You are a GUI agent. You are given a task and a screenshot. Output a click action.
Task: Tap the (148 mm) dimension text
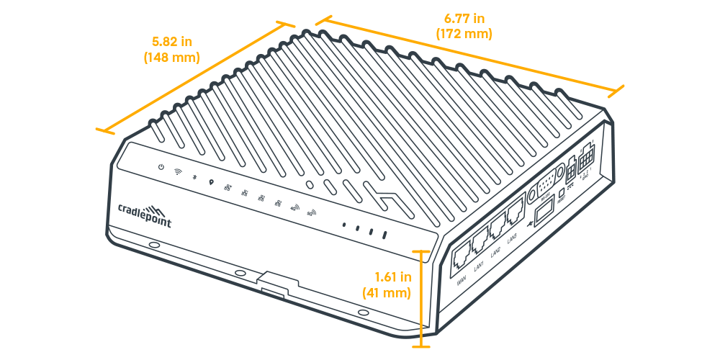click(x=172, y=57)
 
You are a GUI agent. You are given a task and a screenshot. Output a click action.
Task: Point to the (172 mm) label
click(x=464, y=33)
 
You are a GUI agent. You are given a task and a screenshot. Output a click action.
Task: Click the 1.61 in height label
click(x=392, y=276)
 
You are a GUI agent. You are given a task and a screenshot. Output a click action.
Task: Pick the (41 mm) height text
click(x=386, y=293)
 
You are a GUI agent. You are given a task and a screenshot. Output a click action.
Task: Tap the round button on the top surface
click(x=310, y=184)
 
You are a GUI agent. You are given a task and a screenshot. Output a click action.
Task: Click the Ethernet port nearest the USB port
click(x=516, y=214)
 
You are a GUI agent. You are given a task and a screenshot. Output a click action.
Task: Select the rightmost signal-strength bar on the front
click(x=386, y=235)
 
